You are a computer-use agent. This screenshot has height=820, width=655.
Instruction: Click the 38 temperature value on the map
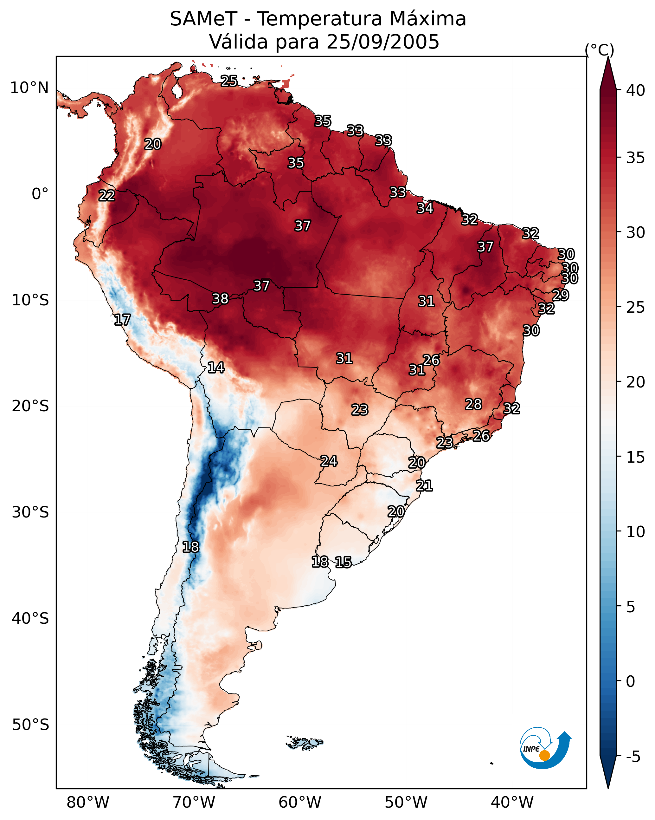220,299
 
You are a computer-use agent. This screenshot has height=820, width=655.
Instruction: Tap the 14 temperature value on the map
216,368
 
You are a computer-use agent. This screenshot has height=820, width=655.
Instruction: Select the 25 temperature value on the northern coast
229,81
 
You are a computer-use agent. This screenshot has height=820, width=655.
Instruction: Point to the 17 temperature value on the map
122,320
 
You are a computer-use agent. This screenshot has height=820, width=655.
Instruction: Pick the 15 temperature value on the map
343,562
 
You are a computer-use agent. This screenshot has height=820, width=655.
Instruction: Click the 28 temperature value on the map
473,404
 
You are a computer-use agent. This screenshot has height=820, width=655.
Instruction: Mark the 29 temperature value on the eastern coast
560,295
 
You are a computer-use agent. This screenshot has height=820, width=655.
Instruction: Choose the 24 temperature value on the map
329,461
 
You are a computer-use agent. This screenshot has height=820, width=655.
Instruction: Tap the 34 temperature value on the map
425,208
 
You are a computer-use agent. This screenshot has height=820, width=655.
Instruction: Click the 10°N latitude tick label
29,88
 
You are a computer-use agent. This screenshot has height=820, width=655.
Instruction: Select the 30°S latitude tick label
30,512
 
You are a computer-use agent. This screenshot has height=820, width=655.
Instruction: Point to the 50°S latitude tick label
30,725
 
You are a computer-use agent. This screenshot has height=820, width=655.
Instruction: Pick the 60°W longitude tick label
300,803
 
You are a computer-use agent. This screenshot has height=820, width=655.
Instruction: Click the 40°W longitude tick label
512,803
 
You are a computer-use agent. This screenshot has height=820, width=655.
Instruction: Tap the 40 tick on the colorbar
636,90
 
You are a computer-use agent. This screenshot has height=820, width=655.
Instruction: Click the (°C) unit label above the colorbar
600,50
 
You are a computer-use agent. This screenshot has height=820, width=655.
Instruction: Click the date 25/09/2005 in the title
383,42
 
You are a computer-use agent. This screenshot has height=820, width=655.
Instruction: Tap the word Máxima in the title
428,19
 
